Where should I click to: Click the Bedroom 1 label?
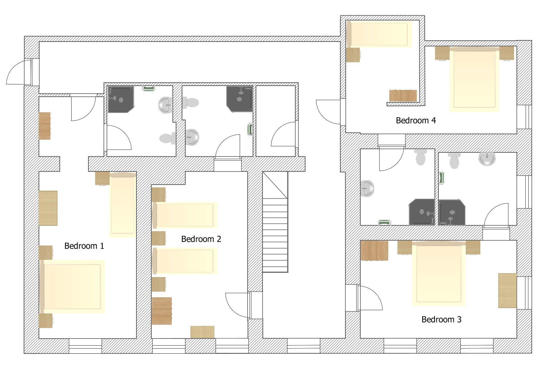click(x=84, y=246)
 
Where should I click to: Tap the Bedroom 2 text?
click(x=201, y=239)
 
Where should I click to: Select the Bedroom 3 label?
click(x=441, y=319)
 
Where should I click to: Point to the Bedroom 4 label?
click(x=416, y=120)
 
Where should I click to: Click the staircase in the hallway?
click(x=275, y=222)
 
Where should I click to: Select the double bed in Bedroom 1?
click(x=72, y=287)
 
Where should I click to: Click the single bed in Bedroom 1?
click(x=123, y=205)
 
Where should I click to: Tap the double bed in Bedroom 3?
click(x=439, y=273)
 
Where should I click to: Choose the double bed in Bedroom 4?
click(x=474, y=79)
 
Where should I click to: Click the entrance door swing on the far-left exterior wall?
click(x=18, y=72)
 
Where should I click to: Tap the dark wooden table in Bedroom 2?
click(x=162, y=311)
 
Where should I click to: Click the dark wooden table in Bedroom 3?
click(x=374, y=251)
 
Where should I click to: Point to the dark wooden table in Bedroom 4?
click(x=403, y=96)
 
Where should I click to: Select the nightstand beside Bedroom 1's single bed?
click(x=102, y=178)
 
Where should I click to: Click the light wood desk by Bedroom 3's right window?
click(x=507, y=290)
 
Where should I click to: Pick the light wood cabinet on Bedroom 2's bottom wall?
click(x=202, y=332)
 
